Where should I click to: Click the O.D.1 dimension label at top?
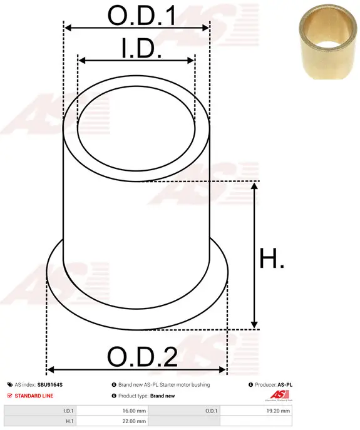click(x=142, y=16)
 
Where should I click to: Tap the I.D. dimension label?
click(x=141, y=48)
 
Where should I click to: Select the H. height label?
click(x=272, y=258)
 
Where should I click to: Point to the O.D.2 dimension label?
click(x=142, y=357)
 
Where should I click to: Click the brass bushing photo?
click(x=328, y=42)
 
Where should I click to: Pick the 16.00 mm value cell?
click(x=112, y=411)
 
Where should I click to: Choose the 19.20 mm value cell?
click(x=256, y=411)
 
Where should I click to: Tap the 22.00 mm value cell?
click(x=112, y=421)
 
